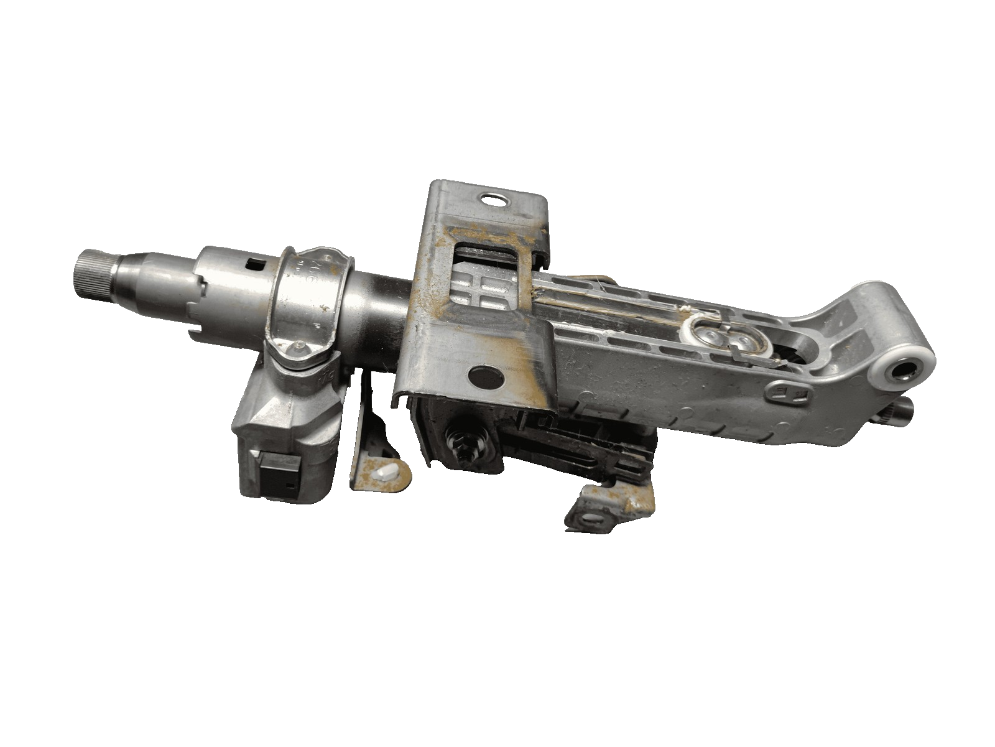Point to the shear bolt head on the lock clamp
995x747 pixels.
(x=300, y=351)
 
